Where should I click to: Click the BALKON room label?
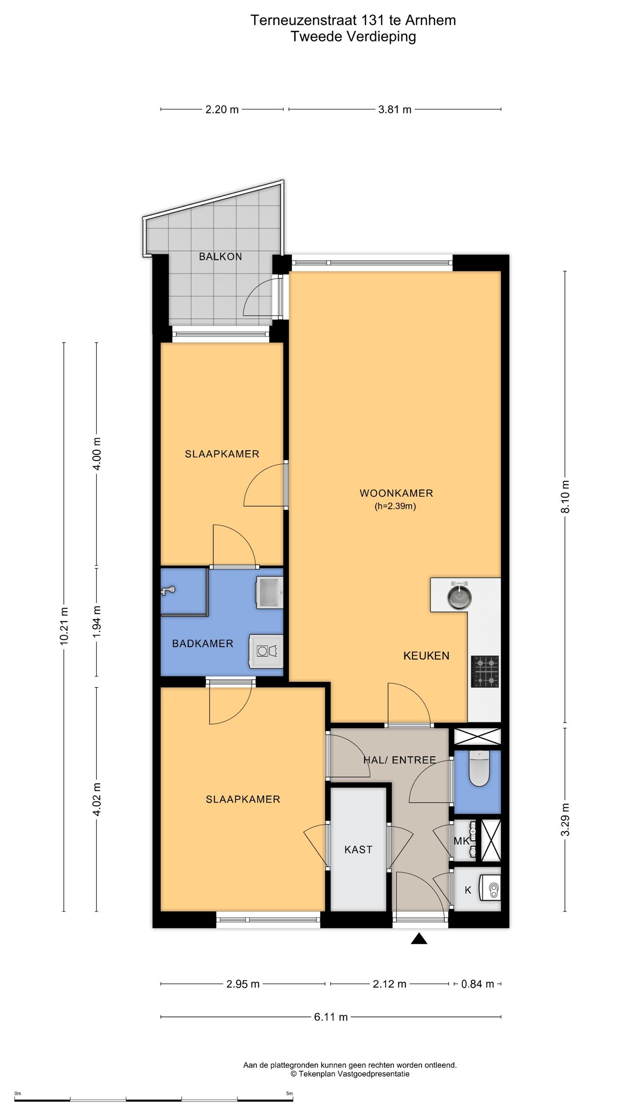pyautogui.click(x=220, y=257)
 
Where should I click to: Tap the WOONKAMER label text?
pyautogui.click(x=396, y=493)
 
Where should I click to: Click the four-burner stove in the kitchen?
pyautogui.click(x=485, y=671)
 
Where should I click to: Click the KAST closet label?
pyautogui.click(x=358, y=849)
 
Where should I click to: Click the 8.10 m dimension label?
pyautogui.click(x=565, y=497)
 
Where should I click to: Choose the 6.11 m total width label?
pyautogui.click(x=331, y=1017)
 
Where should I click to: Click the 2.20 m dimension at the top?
pyautogui.click(x=222, y=109)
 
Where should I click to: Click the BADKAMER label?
pyautogui.click(x=203, y=643)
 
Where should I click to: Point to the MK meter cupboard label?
pyautogui.click(x=461, y=841)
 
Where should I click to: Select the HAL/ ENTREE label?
pyautogui.click(x=400, y=760)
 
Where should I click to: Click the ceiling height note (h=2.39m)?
pyautogui.click(x=395, y=506)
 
